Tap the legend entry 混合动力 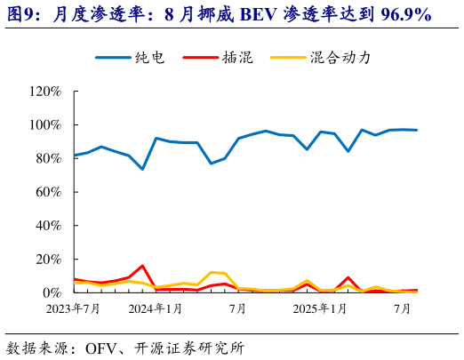(x=340, y=58)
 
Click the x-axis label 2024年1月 (x=156, y=309)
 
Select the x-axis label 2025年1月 (x=320, y=309)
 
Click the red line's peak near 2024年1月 (x=142, y=266)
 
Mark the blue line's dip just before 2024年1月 (x=142, y=169)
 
